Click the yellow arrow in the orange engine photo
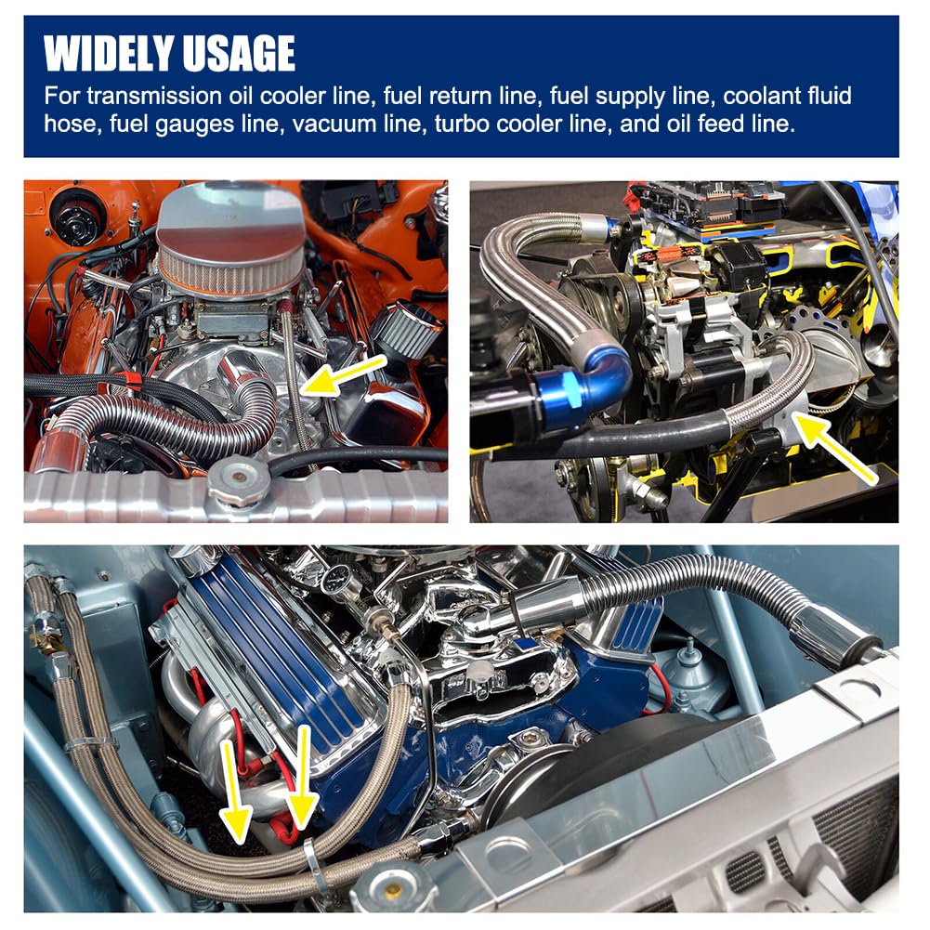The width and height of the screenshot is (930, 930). point(344,375)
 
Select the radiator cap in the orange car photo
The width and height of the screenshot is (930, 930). point(239,480)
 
